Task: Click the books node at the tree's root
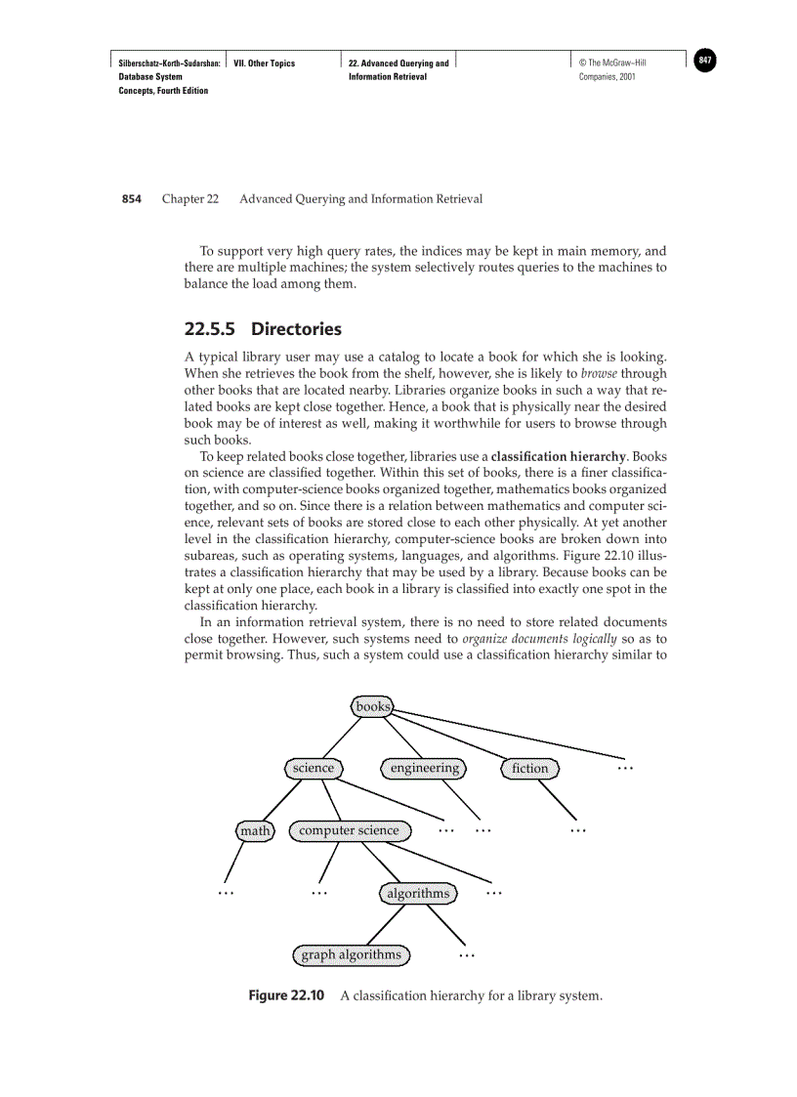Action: [x=372, y=706]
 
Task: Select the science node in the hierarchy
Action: [x=314, y=768]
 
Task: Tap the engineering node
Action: [x=424, y=768]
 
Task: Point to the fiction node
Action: [x=530, y=768]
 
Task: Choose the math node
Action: [x=255, y=830]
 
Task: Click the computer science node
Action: [x=349, y=830]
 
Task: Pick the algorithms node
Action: [x=418, y=893]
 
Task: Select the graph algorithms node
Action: [x=351, y=954]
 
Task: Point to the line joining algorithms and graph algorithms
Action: [x=385, y=924]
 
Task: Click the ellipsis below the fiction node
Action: [x=577, y=830]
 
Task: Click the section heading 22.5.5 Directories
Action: [x=263, y=328]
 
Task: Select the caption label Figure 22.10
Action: [x=285, y=995]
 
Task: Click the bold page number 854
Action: [x=132, y=199]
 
